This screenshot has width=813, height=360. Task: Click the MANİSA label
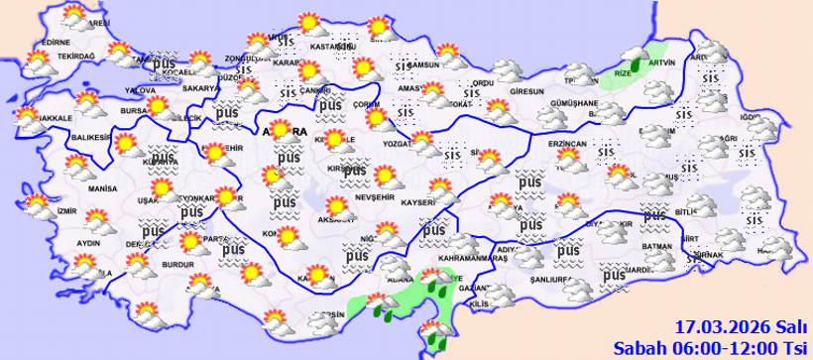103,187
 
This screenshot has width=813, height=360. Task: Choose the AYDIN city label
88,243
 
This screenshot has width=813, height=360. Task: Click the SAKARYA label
198,88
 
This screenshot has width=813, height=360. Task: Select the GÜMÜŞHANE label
574,103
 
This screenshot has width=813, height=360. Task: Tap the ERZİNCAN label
568,144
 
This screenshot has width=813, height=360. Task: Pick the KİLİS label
479,302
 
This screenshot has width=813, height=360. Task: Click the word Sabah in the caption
637,346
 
